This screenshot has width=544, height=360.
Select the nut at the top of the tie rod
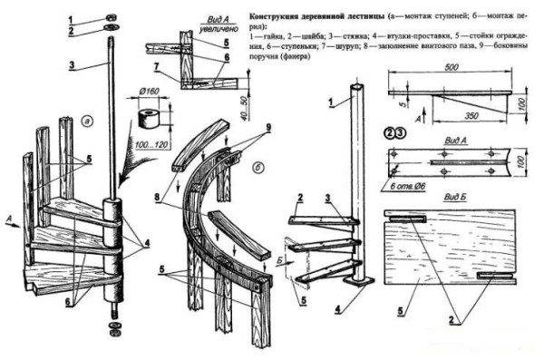(109, 17)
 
